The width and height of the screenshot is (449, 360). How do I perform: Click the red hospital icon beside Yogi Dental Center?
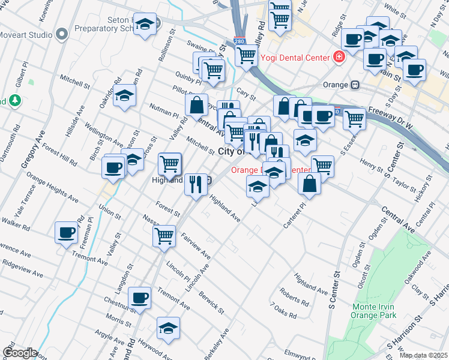tap(339, 58)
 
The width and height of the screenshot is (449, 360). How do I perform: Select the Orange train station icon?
tap(355, 85)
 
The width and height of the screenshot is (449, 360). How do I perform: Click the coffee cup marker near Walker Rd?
tap(66, 232)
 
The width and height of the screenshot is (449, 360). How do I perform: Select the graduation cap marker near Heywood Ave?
tap(168, 328)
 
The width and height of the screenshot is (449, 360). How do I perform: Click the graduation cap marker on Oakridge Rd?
tap(124, 95)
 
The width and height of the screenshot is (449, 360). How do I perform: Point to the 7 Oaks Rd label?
tap(283, 310)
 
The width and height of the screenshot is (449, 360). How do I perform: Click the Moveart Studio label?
tap(26, 35)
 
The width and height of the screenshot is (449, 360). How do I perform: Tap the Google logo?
tap(19, 353)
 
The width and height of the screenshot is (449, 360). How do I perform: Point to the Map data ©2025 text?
tap(423, 355)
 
